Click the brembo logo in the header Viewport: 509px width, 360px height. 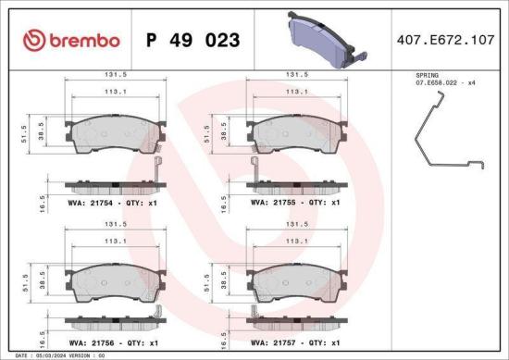click(x=70, y=41)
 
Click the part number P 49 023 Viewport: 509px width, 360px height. click(x=193, y=41)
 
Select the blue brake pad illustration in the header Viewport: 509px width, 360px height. click(x=320, y=40)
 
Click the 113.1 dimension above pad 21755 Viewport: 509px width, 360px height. click(x=295, y=92)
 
